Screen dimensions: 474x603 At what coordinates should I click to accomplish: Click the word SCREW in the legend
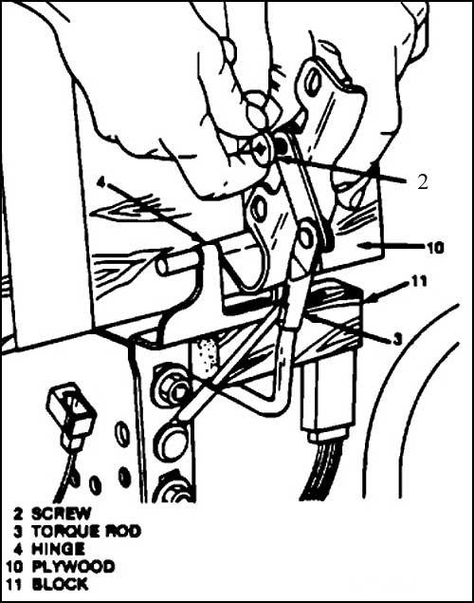62,514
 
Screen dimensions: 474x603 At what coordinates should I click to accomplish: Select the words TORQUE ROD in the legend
86,532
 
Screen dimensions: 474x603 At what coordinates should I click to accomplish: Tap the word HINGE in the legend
58,549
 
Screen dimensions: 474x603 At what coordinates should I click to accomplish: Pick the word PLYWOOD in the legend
73,567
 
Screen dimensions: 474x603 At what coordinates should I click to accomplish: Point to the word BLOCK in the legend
60,585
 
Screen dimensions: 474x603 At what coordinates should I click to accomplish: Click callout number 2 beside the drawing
422,182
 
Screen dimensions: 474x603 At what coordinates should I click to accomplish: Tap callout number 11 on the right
420,281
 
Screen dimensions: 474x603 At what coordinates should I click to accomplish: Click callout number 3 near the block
397,339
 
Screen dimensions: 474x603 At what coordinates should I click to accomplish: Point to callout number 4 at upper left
100,182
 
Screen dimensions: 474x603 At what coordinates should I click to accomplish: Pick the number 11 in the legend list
13,585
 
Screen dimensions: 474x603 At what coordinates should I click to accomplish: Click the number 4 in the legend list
18,549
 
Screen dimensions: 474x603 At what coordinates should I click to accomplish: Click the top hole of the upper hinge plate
313,81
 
